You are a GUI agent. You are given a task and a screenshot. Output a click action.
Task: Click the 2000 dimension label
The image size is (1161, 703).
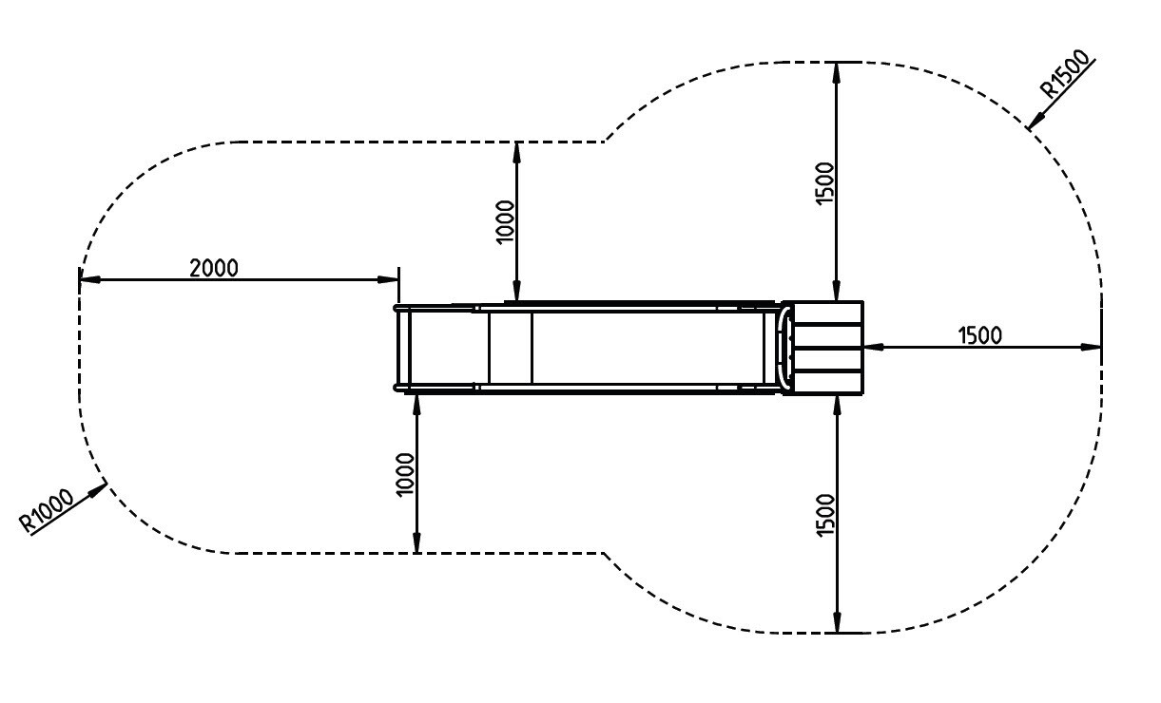coord(214,268)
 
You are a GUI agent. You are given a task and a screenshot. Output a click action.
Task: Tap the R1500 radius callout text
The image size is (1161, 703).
coord(1066,73)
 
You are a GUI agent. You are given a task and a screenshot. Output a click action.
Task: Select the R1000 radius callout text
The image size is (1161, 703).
coord(47,510)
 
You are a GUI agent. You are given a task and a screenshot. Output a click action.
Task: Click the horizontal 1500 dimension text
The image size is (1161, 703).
coord(979,335)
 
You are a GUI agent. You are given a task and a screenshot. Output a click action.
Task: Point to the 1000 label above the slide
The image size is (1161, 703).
coord(505,221)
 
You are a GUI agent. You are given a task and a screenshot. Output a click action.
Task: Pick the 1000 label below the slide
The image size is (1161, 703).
coord(405,475)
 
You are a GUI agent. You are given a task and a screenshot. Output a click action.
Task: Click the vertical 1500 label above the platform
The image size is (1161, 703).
coord(824,183)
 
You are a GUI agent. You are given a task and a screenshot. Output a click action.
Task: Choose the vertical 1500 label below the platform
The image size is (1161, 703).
coord(825,516)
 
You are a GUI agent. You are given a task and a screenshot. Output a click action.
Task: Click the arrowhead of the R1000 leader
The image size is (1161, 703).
coord(98,489)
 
